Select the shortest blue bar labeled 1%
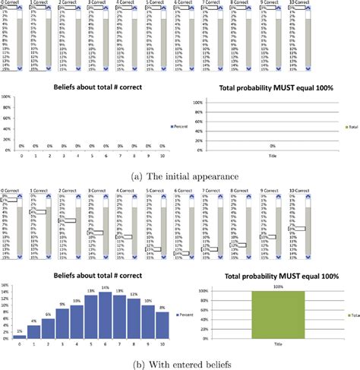click(x=18, y=335)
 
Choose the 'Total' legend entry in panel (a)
click(x=351, y=126)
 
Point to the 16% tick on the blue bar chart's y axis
click(x=5, y=283)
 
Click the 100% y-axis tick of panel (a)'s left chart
click(x=5, y=97)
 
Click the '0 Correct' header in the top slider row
click(x=12, y=3)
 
